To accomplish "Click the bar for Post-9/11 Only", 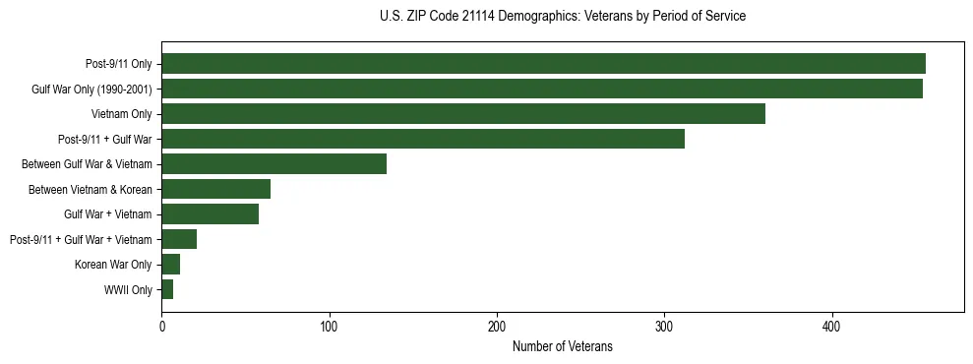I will click(543, 64).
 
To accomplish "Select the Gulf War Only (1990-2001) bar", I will click(542, 89).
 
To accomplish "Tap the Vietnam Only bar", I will click(463, 114).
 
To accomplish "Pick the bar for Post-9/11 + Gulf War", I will click(423, 139).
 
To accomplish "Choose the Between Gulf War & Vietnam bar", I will click(274, 164).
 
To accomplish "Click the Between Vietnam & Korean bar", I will click(216, 189).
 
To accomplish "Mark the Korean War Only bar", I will click(171, 265).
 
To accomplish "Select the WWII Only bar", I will click(167, 289).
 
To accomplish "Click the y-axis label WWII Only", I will click(128, 290).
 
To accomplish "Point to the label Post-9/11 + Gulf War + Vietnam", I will click(81, 240).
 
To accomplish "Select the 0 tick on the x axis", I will click(161, 326).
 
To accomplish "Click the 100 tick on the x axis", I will click(330, 326).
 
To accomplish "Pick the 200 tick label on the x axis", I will click(497, 326).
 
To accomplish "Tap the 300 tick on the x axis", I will click(665, 326).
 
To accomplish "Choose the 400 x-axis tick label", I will click(832, 326).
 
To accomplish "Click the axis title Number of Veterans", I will click(562, 346).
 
